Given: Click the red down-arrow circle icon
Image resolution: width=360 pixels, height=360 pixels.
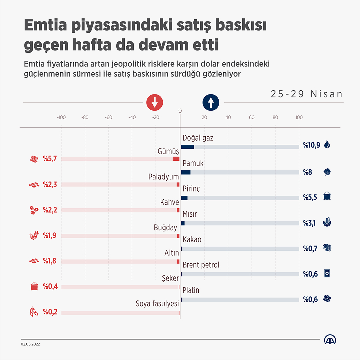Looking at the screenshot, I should (155, 103).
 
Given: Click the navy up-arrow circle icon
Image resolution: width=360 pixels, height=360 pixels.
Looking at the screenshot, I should (211, 103).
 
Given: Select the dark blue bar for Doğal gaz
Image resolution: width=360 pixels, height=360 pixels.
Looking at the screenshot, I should (187, 147).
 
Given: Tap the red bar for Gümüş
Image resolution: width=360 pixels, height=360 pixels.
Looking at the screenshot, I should (176, 159).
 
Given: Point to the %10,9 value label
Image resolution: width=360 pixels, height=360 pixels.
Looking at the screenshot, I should (311, 145).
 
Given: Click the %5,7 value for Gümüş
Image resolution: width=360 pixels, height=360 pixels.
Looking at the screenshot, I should (50, 158).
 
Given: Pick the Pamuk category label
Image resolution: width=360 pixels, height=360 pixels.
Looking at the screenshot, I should (193, 163).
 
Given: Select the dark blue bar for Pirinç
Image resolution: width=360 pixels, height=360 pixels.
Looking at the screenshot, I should (184, 198).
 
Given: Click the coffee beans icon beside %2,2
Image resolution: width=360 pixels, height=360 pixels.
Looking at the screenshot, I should (34, 210).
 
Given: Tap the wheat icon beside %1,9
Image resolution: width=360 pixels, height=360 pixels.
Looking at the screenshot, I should (34, 236).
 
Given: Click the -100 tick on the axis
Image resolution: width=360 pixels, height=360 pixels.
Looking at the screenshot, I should (61, 117).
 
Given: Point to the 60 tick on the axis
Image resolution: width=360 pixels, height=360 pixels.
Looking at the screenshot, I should (252, 117).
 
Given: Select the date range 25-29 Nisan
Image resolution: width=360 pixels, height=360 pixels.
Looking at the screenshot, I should (307, 94).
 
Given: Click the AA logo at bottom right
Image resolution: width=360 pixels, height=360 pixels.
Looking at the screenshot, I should (330, 339).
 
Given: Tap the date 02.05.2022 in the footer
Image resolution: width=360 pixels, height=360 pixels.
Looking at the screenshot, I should (31, 344).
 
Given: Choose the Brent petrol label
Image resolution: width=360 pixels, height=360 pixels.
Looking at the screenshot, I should (201, 265).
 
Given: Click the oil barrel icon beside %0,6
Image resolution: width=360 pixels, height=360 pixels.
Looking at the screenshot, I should (327, 274).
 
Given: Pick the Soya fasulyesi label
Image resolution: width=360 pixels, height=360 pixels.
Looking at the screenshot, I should (157, 303).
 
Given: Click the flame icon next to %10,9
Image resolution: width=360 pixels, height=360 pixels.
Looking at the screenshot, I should (327, 145).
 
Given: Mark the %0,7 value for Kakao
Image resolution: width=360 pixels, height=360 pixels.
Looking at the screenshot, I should (310, 248).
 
